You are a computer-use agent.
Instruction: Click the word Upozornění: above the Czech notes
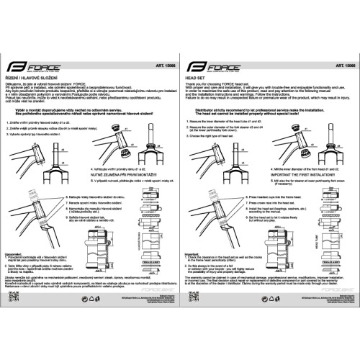(x=16, y=253)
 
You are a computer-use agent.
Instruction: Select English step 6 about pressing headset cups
(x=277, y=195)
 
